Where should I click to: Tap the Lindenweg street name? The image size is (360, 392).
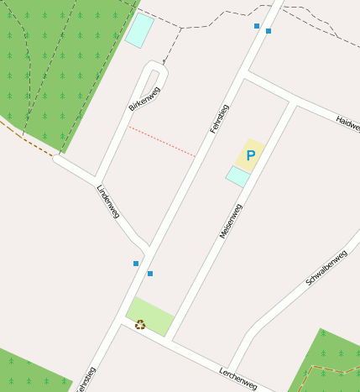[x=108, y=201]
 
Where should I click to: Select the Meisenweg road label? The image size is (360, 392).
[x=231, y=221]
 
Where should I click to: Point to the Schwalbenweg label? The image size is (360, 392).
[x=326, y=268]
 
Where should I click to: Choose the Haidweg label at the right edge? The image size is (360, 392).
[x=348, y=123]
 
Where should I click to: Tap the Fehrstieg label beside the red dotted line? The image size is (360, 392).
[x=219, y=119]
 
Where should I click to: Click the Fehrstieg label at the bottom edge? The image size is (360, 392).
[x=85, y=380]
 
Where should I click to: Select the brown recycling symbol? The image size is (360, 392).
[x=140, y=324]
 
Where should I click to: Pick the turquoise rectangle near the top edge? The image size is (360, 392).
[x=139, y=30]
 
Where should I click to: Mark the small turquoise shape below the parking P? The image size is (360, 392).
[x=237, y=175]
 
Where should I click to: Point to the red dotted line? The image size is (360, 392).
[x=162, y=141]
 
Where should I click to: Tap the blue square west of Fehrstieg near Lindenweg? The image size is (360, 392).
[x=136, y=264]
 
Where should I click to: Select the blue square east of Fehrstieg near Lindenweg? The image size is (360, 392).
[x=150, y=274]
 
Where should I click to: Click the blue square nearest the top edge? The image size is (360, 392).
[x=257, y=26]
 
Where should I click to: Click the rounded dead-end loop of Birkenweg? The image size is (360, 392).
[x=154, y=71]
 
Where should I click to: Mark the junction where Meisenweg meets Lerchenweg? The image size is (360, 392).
[x=168, y=341]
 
